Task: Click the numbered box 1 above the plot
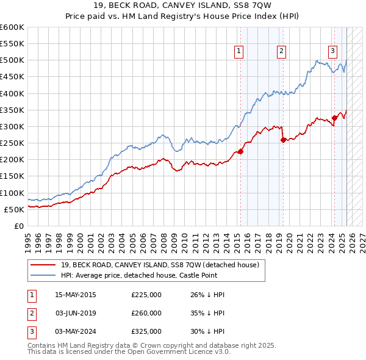(238, 51)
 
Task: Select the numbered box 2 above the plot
(281, 51)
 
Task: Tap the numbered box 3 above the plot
(332, 51)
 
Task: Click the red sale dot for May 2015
(240, 152)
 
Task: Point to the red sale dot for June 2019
(283, 140)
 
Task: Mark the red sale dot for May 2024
(334, 118)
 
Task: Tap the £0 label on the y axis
(20, 226)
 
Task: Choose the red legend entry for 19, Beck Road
(160, 265)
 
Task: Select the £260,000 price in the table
(146, 313)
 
